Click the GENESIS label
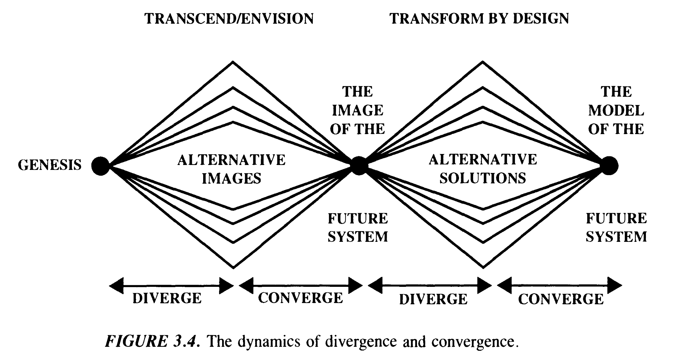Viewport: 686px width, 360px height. point(50,165)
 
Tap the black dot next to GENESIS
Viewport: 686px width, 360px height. point(100,166)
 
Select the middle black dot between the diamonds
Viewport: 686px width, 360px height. point(359,166)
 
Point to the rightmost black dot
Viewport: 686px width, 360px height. point(609,166)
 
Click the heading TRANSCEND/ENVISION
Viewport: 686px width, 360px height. point(229,19)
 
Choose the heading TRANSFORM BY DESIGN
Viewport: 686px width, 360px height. point(479,19)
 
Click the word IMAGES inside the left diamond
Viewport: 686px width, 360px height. point(232,178)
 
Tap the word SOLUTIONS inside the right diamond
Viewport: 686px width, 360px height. point(483,178)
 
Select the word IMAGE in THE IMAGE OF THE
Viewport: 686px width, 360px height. point(357,111)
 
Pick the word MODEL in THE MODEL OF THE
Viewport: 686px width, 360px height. point(616,111)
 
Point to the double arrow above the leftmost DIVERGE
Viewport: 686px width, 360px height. point(171,286)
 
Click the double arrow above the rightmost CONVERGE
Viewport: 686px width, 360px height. point(559,286)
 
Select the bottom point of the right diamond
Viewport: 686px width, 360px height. point(483,268)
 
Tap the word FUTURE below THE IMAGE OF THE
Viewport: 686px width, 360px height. point(358,219)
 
